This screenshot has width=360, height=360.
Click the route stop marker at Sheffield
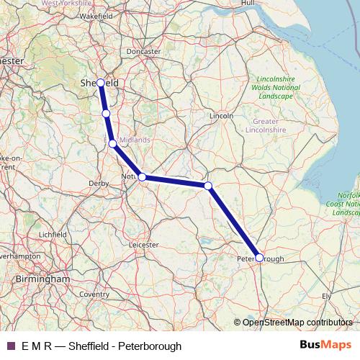100,84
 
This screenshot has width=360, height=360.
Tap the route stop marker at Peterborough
259,256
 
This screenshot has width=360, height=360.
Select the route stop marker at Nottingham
142,176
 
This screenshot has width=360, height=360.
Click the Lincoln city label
221,115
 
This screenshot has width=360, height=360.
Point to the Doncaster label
143,52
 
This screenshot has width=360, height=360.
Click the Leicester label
143,245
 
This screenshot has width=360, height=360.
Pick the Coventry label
94,294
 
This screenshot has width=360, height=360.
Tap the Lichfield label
53,234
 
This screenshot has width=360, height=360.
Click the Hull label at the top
248,4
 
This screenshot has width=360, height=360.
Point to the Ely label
328,296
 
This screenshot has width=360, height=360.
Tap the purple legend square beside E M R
10,346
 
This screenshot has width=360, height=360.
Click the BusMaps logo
325,346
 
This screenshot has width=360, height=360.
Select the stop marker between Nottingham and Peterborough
208,186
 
